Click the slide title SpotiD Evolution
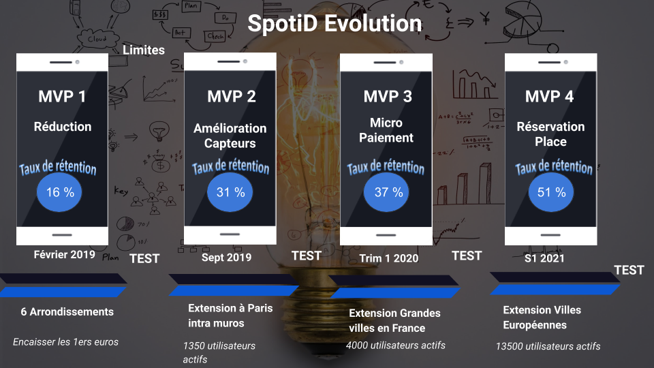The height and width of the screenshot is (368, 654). tap(334, 23)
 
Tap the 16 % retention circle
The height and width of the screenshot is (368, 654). tap(59, 192)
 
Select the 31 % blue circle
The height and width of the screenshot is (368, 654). tap(230, 192)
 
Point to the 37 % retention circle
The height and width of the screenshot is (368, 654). tap(386, 192)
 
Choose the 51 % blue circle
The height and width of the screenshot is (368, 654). tap(551, 192)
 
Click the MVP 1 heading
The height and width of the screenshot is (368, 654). tap(62, 96)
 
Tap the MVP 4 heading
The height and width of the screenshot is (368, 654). tap(549, 96)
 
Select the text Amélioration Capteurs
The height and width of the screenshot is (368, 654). tap(230, 136)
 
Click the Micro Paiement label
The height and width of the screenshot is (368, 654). tap(386, 130)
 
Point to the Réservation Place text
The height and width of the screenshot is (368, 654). tap(550, 134)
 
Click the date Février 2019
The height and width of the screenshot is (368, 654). tap(64, 254)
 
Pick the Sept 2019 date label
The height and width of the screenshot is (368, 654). tap(226, 258)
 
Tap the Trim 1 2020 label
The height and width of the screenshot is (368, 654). tap(389, 258)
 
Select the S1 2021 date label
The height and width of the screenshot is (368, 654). tap(544, 259)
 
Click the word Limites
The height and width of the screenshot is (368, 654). tap(144, 50)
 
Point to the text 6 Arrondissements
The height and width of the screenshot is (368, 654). tap(67, 311)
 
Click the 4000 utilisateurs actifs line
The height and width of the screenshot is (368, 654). tap(395, 346)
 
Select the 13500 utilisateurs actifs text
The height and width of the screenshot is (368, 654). tap(548, 346)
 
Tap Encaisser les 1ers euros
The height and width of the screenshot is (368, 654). tap(65, 342)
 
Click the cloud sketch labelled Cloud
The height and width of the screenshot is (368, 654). tap(97, 39)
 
